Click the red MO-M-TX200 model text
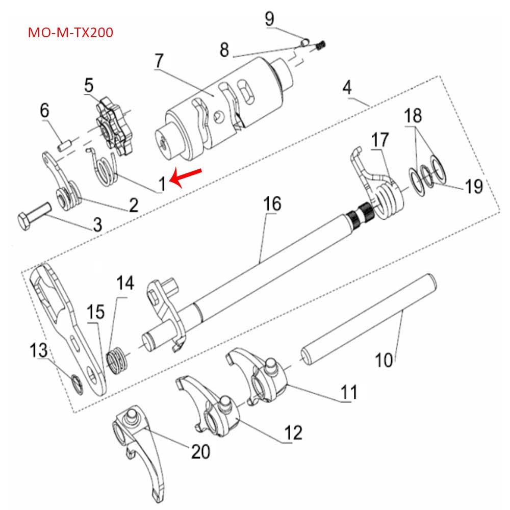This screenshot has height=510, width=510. click(70, 33)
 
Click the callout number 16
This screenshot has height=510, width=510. click(272, 205)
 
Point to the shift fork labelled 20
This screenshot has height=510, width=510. click(138, 444)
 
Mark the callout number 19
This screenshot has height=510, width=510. click(474, 186)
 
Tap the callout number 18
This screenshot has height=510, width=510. click(413, 116)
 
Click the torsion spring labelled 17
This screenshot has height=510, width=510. click(388, 196)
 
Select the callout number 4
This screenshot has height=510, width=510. click(347, 87)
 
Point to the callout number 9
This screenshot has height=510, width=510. click(269, 19)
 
